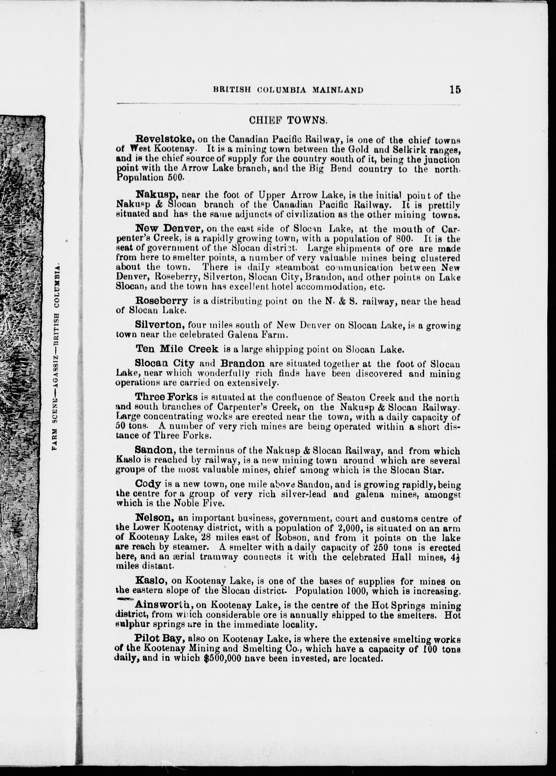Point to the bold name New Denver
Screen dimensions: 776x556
click(165, 228)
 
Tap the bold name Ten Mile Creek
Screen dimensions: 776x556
click(177, 349)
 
